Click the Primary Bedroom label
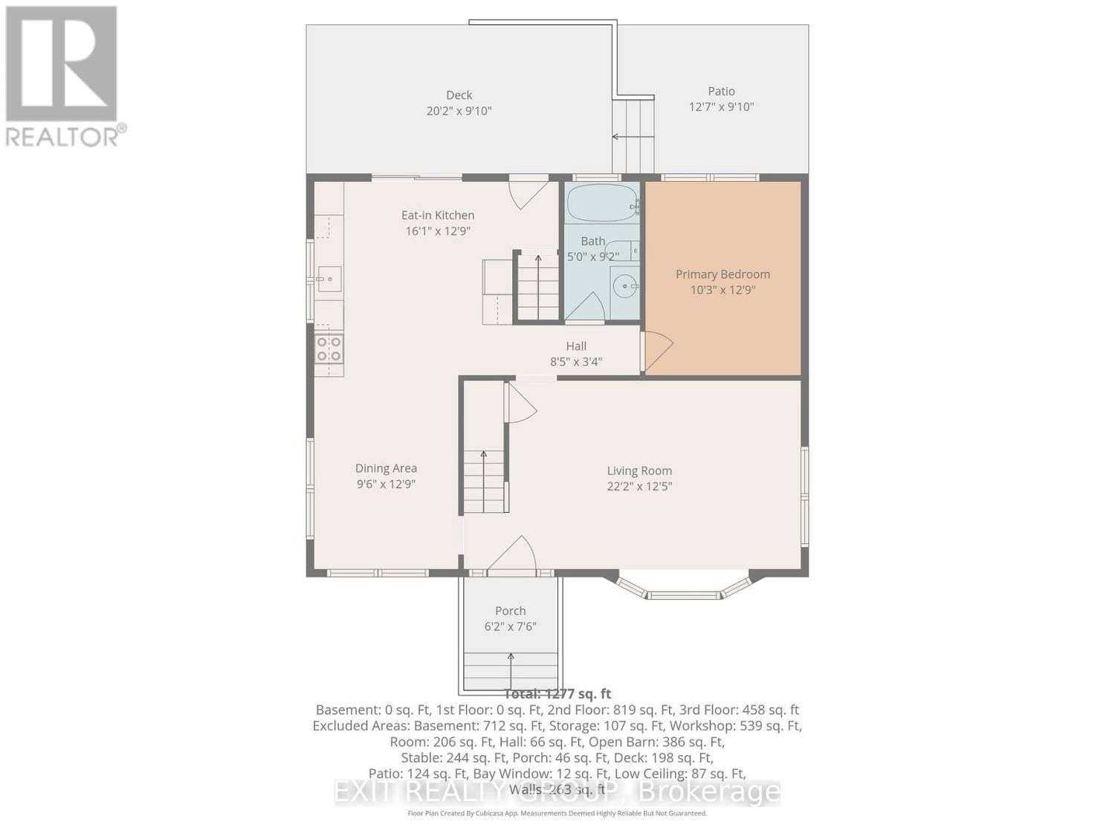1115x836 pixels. point(723,274)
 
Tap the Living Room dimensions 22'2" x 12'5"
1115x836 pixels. point(639,487)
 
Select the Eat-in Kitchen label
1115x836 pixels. point(438,216)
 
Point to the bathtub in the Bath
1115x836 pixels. point(601,203)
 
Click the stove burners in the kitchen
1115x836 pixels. point(329,349)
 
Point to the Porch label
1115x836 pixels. point(510,611)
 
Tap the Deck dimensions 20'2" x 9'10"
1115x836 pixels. point(459,111)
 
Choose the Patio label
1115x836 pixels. point(721,91)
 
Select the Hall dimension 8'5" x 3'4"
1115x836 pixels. point(576,362)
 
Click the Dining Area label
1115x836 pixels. point(386,468)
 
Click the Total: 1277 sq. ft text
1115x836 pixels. point(557,694)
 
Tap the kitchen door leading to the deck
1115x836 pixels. point(529,192)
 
